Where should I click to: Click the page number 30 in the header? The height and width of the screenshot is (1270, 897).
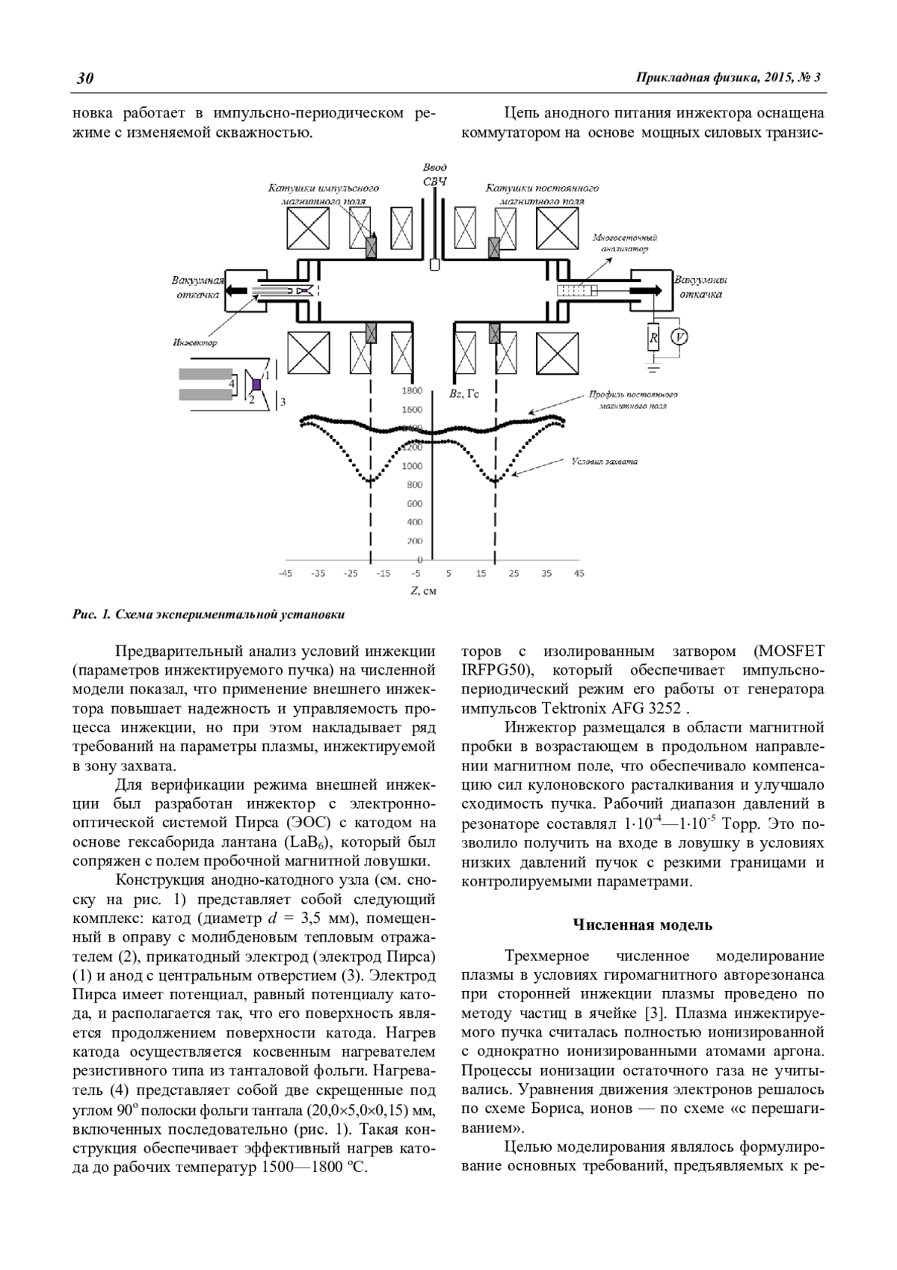coord(84,78)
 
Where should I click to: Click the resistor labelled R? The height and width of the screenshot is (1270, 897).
coord(653,338)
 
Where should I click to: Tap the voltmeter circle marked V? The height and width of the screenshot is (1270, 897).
coord(679,338)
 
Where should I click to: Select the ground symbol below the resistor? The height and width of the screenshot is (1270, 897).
coord(653,367)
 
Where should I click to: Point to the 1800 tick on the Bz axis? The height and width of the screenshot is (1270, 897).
coord(412,390)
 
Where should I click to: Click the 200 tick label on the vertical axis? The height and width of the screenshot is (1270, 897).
coord(414,541)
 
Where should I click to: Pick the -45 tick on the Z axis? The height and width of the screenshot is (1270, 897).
coord(285,574)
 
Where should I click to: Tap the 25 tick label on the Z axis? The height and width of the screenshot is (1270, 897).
coord(514,574)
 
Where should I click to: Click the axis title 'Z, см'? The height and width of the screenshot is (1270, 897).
coord(422,591)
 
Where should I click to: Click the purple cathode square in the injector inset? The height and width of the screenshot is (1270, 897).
coord(256,384)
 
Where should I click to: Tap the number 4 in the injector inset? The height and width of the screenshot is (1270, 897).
coord(232,384)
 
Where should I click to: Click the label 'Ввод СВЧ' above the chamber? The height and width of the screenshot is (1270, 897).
coord(434,174)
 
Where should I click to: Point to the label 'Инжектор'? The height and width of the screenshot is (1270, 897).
coord(194,343)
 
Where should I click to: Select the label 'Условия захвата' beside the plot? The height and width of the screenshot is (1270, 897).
coord(605,461)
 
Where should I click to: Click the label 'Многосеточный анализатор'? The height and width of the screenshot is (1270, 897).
coord(620,243)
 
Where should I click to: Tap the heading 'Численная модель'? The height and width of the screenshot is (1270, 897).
coord(642,924)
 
